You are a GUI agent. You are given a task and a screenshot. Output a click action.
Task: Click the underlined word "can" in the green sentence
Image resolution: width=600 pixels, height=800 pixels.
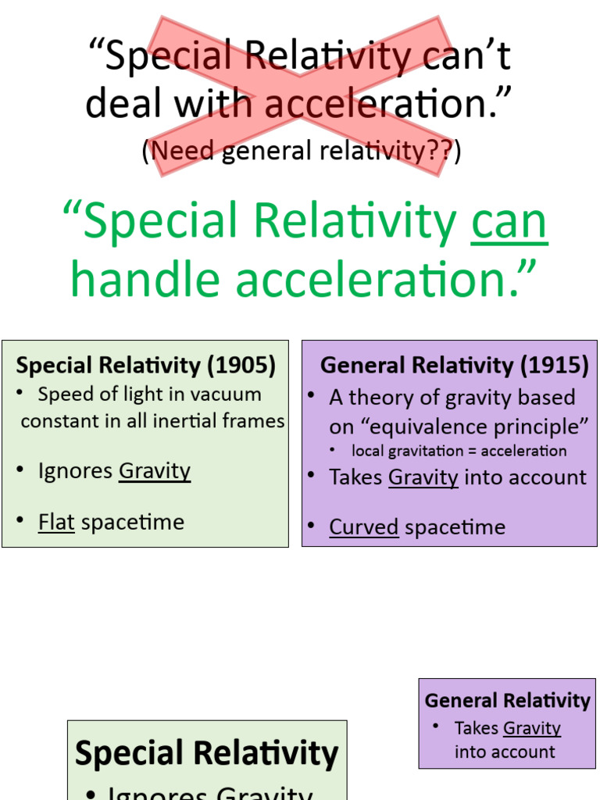tap(509, 223)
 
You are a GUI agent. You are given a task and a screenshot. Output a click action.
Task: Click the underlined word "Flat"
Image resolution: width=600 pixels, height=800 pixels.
tap(56, 522)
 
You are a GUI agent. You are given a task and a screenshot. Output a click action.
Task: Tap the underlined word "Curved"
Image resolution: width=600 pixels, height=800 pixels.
tap(364, 527)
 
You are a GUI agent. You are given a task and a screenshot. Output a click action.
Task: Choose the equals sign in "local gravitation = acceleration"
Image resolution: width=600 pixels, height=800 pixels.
tap(471, 452)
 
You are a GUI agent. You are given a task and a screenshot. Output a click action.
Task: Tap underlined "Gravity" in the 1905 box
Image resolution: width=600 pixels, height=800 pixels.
tap(155, 471)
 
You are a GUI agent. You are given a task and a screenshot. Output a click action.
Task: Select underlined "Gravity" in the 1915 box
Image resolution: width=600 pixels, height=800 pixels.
tap(423, 477)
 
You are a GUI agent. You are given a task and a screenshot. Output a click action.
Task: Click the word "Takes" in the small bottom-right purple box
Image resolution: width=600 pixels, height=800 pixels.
tap(477, 728)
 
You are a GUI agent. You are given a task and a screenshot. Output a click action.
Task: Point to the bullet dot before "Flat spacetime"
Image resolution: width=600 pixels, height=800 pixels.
tap(20, 522)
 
